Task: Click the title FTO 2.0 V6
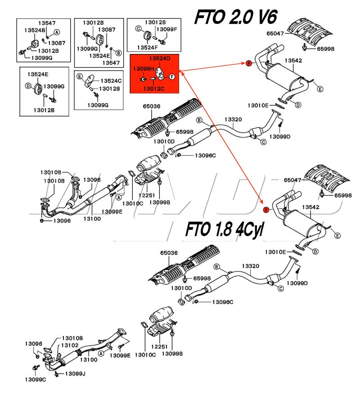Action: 235,17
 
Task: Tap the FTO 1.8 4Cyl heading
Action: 225,229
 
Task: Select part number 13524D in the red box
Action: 160,58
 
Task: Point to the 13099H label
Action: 144,68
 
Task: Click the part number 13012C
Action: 154,89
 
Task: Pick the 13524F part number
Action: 147,48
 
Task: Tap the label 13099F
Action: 166,29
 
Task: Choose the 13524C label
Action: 111,80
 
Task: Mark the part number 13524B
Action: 35,30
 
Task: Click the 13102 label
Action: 70,345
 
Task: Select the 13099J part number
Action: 75,374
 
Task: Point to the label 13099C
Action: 36,380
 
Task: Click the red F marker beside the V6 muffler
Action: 249,63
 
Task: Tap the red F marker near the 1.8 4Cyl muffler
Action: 266,210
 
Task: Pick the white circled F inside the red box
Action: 172,76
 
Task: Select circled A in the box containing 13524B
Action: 57,32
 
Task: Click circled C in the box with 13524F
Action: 139,29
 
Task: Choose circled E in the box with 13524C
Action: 80,76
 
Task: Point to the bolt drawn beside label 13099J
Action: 57,374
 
